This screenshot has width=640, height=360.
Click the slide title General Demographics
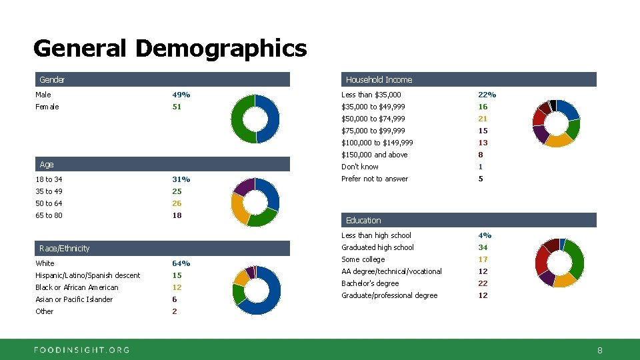[169, 49]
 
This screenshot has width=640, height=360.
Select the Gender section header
[52, 80]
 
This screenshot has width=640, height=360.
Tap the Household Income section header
[379, 80]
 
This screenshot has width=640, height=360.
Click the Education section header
[363, 221]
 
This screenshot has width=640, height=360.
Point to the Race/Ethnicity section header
[64, 249]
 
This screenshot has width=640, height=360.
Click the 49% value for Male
[181, 95]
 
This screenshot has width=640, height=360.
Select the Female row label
[47, 107]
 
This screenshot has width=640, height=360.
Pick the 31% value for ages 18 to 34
[181, 179]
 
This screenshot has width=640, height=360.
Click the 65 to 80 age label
[49, 215]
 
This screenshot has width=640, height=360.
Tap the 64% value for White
[181, 263]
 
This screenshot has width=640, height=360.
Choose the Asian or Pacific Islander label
[74, 299]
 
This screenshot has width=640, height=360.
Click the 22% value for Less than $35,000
[487, 95]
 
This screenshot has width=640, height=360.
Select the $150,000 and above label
[374, 155]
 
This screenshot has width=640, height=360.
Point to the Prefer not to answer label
[375, 179]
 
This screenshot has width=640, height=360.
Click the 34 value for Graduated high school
[483, 247]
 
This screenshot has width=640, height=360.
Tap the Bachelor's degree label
[370, 283]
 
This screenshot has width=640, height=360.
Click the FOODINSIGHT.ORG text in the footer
[82, 349]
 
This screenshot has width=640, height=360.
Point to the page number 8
[599, 350]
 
